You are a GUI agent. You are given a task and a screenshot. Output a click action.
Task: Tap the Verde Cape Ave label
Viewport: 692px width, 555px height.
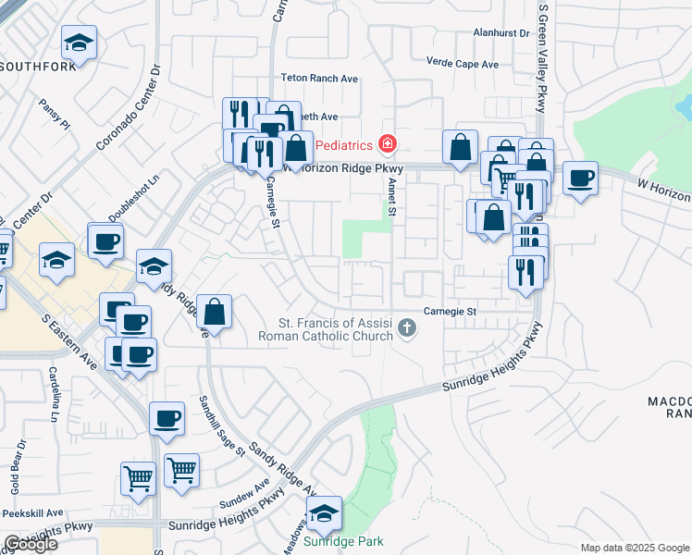[x=462, y=64]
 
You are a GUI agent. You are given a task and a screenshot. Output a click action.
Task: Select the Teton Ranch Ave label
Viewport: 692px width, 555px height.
[x=319, y=79]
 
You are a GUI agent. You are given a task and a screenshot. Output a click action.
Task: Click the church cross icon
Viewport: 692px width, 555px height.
[x=406, y=328]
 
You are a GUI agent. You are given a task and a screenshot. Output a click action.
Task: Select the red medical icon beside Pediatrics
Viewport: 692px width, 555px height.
[x=386, y=144]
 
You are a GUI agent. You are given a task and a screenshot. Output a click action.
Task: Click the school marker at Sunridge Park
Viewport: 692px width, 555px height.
[x=324, y=513]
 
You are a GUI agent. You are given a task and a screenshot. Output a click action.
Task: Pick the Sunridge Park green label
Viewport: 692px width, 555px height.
[x=344, y=541]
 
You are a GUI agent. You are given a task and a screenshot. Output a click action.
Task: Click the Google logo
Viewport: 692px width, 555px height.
[x=30, y=544]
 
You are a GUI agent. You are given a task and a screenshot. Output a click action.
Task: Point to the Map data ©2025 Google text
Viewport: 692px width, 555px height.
[x=635, y=548]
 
